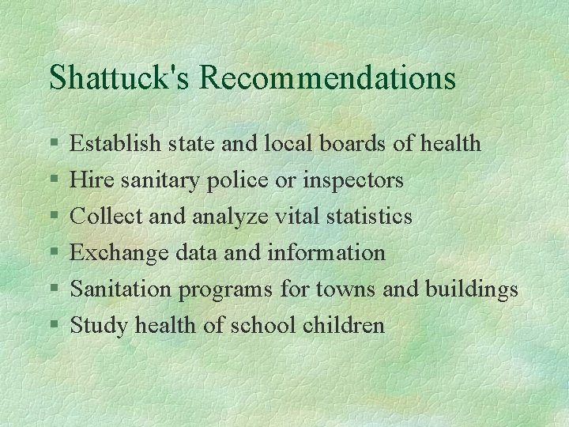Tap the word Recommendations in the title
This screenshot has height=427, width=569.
click(x=328, y=77)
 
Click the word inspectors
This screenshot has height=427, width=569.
click(x=359, y=180)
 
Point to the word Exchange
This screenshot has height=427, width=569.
click(x=119, y=253)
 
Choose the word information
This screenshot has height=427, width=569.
click(x=326, y=252)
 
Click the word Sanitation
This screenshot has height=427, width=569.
click(x=121, y=289)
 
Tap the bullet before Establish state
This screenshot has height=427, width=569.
click(x=53, y=144)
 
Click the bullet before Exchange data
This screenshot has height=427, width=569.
click(x=53, y=253)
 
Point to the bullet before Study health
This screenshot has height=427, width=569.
click(x=53, y=326)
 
